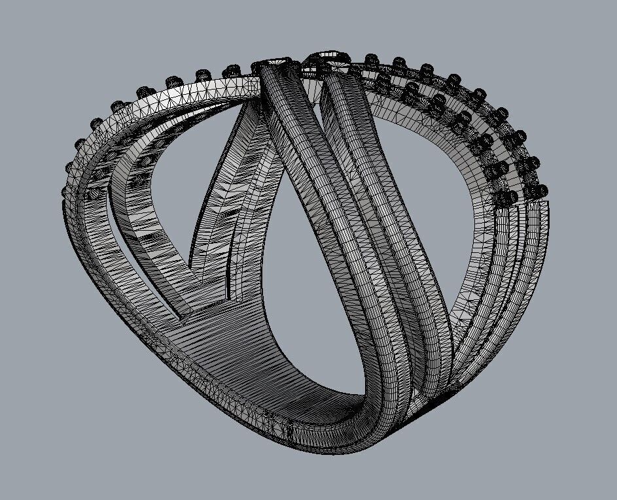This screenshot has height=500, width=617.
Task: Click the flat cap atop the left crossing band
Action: [x=273, y=63]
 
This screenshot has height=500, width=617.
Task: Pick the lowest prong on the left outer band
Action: [x=64, y=191]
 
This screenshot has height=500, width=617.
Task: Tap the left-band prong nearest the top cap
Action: [x=233, y=70]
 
